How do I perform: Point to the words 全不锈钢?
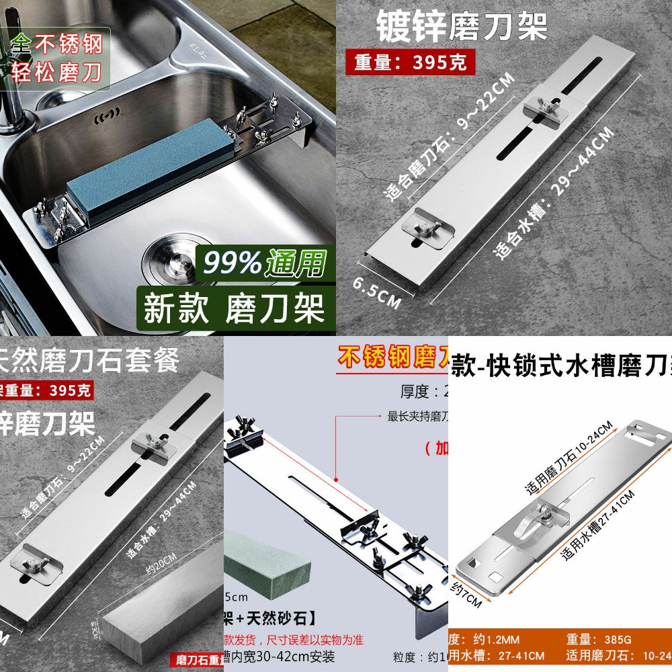[x=57, y=45]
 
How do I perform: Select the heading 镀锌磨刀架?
[x=461, y=27]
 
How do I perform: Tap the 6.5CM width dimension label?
[x=376, y=292]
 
